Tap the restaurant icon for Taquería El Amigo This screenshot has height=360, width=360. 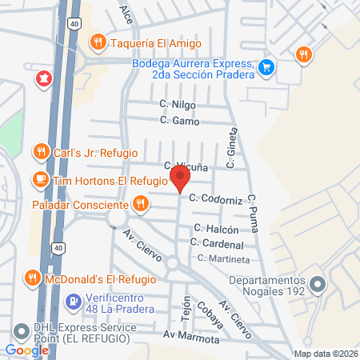98,42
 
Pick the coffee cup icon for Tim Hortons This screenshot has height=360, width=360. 39,180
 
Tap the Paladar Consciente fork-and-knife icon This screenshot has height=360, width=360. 141,204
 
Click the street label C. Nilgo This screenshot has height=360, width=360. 177,104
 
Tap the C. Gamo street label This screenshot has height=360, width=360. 178,121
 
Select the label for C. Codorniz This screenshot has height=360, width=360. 215,198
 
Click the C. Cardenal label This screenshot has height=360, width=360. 218,243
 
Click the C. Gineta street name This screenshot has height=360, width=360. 233,149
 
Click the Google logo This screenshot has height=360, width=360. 27,350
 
